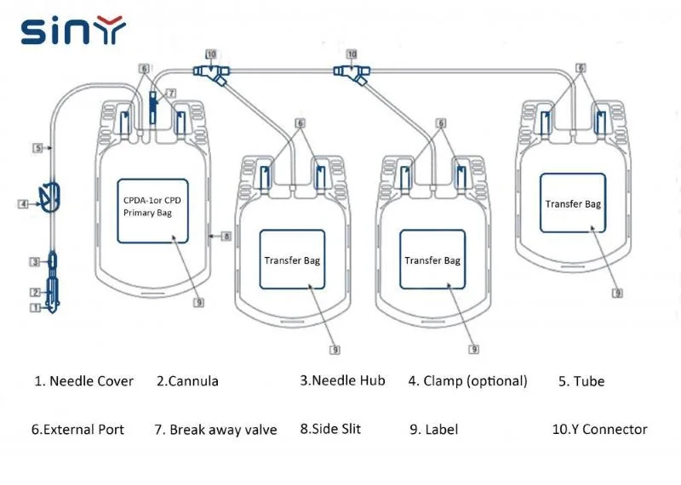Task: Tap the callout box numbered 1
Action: (x=35, y=308)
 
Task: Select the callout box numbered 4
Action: (x=23, y=203)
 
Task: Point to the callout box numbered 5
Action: (x=37, y=147)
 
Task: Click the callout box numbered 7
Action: (x=171, y=92)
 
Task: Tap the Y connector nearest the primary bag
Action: (x=209, y=73)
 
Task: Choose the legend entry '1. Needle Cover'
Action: (x=83, y=381)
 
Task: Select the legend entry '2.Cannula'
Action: (x=187, y=381)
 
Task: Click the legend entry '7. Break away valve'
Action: (x=215, y=430)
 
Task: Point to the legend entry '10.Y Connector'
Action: (x=599, y=430)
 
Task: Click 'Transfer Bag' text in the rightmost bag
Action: (x=573, y=204)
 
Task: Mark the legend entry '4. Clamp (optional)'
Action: (x=467, y=381)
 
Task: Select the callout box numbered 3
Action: (x=35, y=261)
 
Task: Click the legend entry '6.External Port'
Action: (x=77, y=430)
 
